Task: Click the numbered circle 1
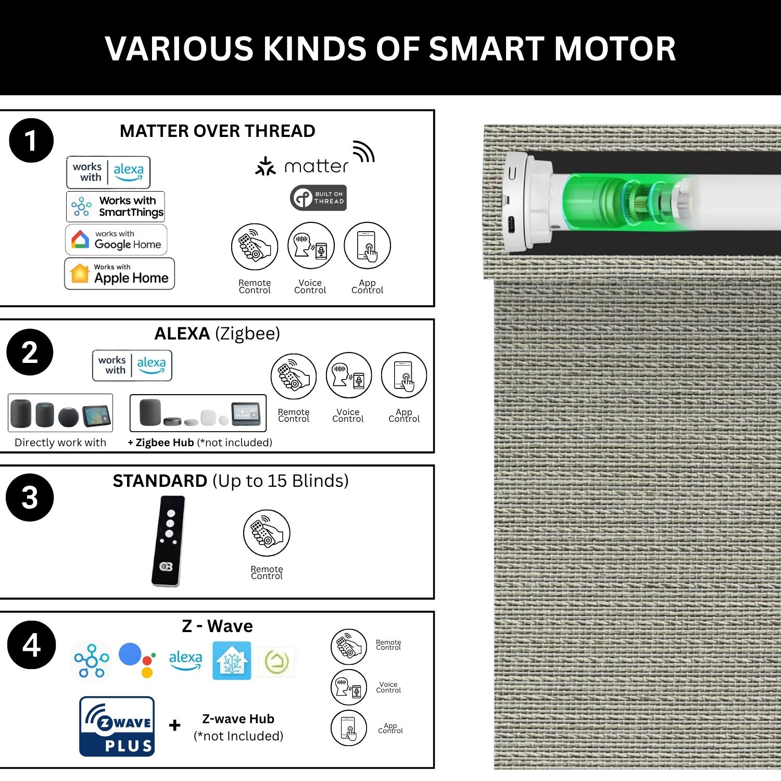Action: pyautogui.click(x=31, y=141)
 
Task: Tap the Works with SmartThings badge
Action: pyautogui.click(x=116, y=207)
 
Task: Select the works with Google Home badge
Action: pyautogui.click(x=116, y=240)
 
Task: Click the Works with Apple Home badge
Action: pyautogui.click(x=119, y=273)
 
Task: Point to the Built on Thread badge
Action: pyautogui.click(x=318, y=198)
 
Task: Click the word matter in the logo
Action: pyautogui.click(x=316, y=167)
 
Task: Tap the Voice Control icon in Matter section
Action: pyautogui.click(x=311, y=246)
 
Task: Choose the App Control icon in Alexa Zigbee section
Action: pyautogui.click(x=404, y=376)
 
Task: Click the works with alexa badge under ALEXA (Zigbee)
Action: pyautogui.click(x=132, y=366)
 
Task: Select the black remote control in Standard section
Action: pyautogui.click(x=168, y=541)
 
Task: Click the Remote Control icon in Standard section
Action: pyautogui.click(x=267, y=533)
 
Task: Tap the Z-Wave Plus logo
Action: pyautogui.click(x=117, y=726)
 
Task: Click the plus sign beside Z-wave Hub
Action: pyautogui.click(x=175, y=725)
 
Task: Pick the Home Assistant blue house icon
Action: pyautogui.click(x=232, y=660)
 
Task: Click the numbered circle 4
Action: pyautogui.click(x=31, y=645)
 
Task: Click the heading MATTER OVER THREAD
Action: pyautogui.click(x=218, y=131)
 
